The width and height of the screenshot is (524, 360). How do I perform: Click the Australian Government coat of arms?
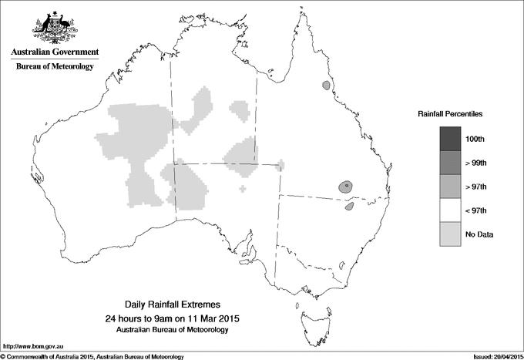coord(53,28)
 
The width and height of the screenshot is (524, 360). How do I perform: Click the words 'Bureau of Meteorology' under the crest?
coord(54,66)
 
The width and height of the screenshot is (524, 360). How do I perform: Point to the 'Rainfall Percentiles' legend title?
coord(450,113)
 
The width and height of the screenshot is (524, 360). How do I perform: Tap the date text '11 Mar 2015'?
coord(213,318)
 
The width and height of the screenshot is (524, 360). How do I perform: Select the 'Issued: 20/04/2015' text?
coord(492,356)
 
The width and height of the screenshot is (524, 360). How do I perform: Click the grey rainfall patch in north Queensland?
coord(327,86)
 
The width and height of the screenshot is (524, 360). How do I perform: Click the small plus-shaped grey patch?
coord(244,188)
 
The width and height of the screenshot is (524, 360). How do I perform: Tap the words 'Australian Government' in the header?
coord(54,52)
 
